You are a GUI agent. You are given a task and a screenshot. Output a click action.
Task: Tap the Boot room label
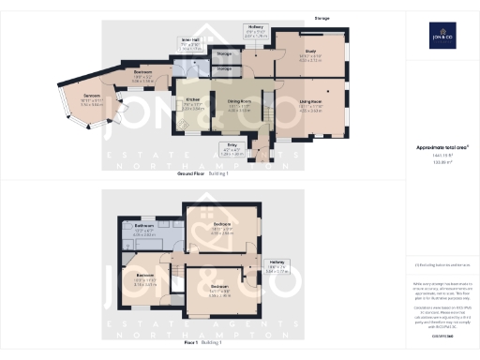142,71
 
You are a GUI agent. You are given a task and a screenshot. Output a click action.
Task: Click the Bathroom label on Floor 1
143,226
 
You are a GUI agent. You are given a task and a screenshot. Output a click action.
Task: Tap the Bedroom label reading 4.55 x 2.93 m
221,225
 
